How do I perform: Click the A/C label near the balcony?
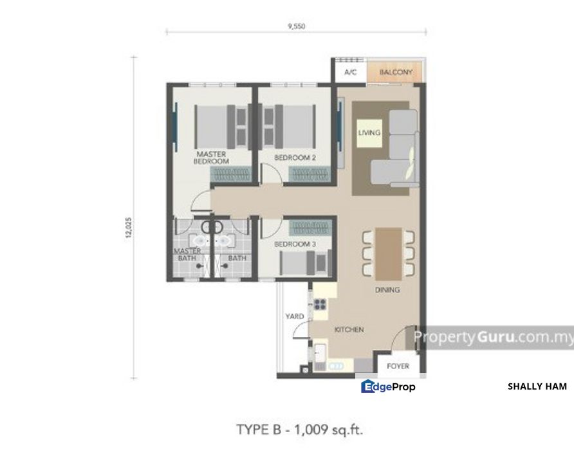351,73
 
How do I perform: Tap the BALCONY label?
396,73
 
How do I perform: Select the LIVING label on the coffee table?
369,133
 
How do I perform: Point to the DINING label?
387,290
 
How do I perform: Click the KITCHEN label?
349,330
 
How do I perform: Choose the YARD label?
295,316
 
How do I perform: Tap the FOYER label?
398,367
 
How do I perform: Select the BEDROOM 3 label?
295,244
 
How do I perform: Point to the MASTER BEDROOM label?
212,158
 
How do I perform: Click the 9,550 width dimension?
296,26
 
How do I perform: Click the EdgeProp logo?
388,386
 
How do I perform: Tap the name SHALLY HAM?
537,386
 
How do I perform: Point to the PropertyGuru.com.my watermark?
492,338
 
